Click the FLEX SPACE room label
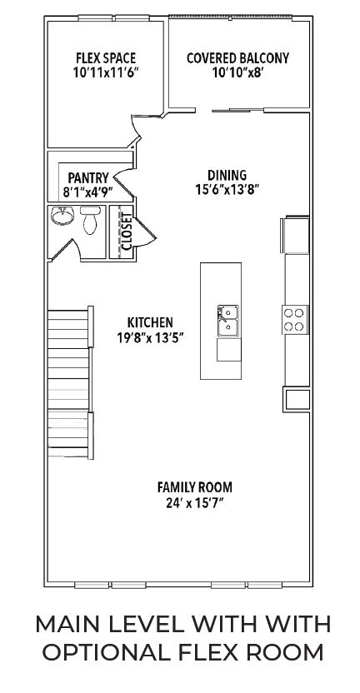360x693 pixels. [106, 58]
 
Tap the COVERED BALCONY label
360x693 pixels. [238, 58]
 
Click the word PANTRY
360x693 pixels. [88, 178]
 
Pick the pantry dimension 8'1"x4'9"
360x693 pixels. [88, 192]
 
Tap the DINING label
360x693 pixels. [227, 175]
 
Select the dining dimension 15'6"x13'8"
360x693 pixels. [227, 190]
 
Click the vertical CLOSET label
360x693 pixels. [127, 232]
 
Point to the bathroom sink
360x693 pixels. [62, 215]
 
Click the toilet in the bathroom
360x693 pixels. [90, 220]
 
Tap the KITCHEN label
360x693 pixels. [150, 322]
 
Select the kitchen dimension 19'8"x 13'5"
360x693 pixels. [150, 337]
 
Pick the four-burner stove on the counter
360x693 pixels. [295, 320]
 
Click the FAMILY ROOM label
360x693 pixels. [195, 487]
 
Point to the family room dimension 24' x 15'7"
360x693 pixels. [195, 503]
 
